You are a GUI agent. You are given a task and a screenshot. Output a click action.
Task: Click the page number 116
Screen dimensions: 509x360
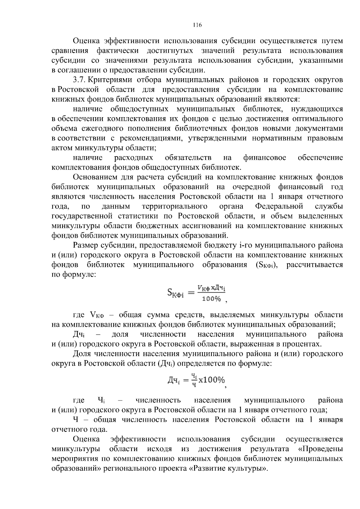pos(197,25)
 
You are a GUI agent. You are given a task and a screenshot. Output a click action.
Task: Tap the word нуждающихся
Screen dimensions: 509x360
pos(319,109)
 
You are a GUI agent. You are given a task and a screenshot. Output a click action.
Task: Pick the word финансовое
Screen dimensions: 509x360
pos(264,158)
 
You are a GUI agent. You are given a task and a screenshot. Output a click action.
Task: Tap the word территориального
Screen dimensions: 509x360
pos(174,207)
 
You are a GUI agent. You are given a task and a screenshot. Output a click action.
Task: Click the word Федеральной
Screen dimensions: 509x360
pos(279,207)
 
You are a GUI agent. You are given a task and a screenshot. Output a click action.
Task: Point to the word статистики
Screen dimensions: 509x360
pos(138,216)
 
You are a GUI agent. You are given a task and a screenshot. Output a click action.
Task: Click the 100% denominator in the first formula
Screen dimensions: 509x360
pos(211,299)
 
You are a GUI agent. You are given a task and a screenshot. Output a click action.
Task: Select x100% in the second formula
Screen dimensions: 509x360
pos(211,380)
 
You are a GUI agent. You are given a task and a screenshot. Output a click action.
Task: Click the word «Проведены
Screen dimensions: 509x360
pos(322,449)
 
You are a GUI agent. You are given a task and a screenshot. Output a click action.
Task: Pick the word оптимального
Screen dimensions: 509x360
pos(320,119)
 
